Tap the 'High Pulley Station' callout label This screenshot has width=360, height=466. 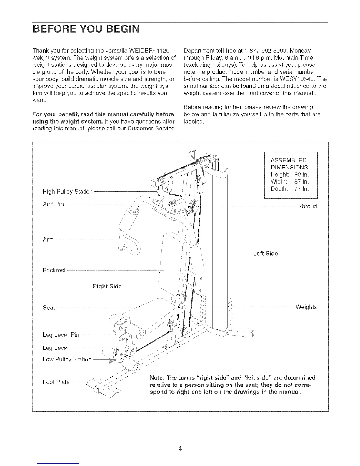[68, 192]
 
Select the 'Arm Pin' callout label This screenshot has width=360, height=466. [53, 204]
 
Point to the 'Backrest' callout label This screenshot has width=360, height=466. [54, 270]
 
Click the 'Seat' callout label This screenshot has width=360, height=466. [49, 308]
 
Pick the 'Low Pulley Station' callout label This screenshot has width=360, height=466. [67, 359]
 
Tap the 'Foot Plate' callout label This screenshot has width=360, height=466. [56, 382]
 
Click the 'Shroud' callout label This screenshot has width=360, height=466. [307, 206]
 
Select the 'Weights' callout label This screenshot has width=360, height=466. [306, 307]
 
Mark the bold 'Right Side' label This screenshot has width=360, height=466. [107, 286]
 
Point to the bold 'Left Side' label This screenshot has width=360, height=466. [265, 253]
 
